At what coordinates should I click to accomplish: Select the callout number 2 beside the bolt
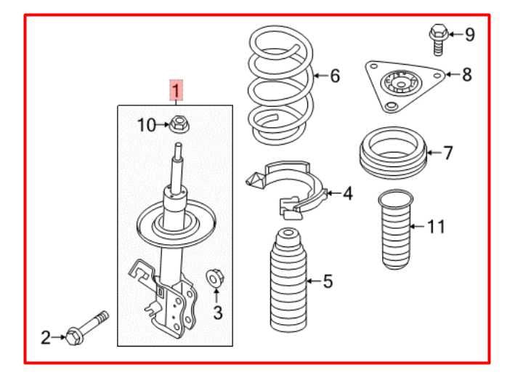(45, 336)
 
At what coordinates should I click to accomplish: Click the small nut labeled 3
(216, 277)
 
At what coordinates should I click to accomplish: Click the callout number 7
(448, 153)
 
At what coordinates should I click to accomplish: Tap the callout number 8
(466, 74)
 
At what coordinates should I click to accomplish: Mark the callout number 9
(469, 33)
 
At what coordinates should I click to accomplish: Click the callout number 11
(434, 227)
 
